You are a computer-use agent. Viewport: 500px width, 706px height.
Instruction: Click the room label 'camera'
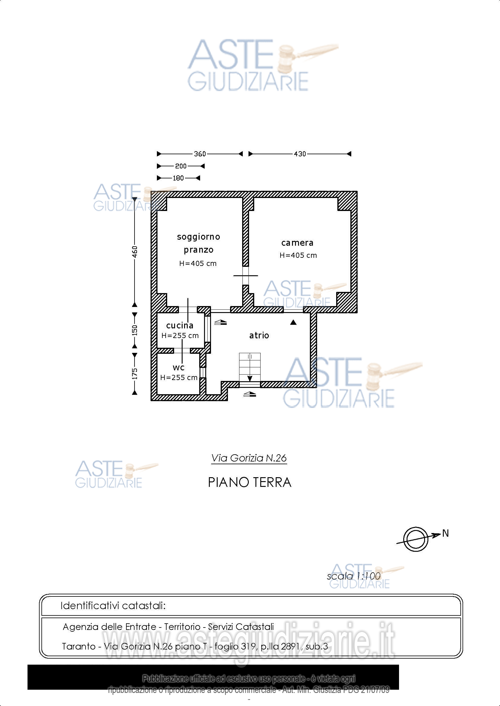pyautogui.click(x=297, y=243)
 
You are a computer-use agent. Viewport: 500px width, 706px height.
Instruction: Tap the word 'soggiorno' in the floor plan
pyautogui.click(x=198, y=237)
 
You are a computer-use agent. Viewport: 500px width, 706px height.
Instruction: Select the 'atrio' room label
pyautogui.click(x=259, y=335)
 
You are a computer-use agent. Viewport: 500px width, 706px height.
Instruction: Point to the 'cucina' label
pyautogui.click(x=180, y=325)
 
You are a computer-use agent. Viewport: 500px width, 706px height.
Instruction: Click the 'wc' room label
pyautogui.click(x=179, y=367)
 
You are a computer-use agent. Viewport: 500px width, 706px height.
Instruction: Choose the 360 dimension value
pyautogui.click(x=200, y=154)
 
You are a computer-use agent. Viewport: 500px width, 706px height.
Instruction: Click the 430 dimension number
pyautogui.click(x=300, y=154)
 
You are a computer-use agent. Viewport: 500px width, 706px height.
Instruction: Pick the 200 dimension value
pyautogui.click(x=181, y=166)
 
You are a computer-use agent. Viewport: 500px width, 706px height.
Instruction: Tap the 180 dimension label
pyautogui.click(x=178, y=178)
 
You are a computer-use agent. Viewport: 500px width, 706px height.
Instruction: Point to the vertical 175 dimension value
pyautogui.click(x=135, y=374)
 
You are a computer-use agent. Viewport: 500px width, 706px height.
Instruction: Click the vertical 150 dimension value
pyautogui.click(x=135, y=330)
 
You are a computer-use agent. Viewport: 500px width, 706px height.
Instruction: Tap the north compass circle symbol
pyautogui.click(x=415, y=539)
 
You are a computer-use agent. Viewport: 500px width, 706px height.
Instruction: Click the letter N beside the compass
pyautogui.click(x=445, y=533)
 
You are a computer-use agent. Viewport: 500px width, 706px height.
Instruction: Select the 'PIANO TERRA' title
pyautogui.click(x=249, y=482)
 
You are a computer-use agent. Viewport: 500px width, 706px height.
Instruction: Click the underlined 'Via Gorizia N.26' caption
pyautogui.click(x=249, y=458)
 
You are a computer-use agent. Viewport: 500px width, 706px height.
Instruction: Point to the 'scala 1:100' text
pyautogui.click(x=353, y=576)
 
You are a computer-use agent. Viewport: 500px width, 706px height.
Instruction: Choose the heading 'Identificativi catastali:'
pyautogui.click(x=113, y=606)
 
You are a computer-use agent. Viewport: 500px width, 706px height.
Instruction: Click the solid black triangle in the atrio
pyautogui.click(x=294, y=322)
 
